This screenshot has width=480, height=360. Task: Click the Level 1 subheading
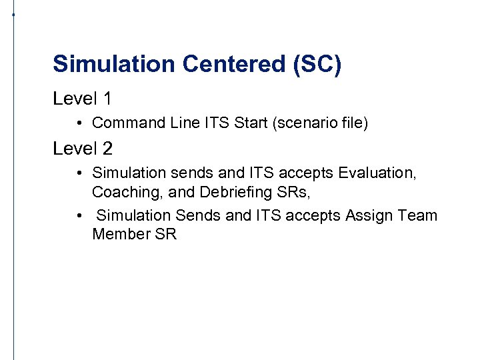(x=82, y=99)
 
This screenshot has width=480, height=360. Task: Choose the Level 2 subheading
(x=82, y=148)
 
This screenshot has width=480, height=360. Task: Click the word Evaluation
(x=377, y=173)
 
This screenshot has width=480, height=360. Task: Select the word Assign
(x=368, y=215)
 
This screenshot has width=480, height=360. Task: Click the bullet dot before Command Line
(x=79, y=123)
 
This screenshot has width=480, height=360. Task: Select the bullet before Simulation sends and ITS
(x=79, y=173)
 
